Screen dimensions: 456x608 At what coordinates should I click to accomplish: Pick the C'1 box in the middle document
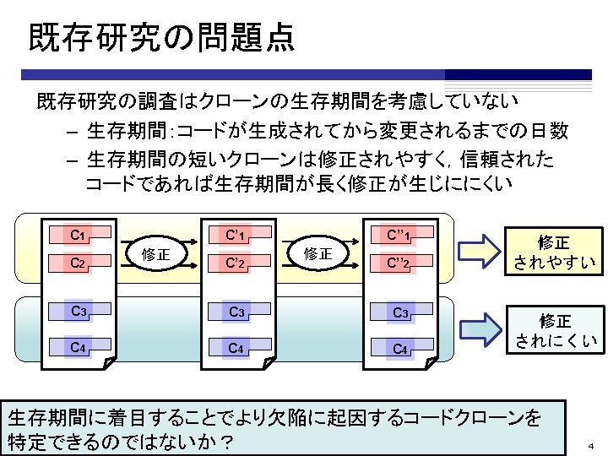[x=236, y=235]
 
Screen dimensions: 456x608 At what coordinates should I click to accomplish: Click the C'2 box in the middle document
[x=236, y=263]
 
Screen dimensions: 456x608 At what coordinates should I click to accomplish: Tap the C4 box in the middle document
[x=237, y=346]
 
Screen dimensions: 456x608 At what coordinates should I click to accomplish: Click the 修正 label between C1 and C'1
[x=156, y=253]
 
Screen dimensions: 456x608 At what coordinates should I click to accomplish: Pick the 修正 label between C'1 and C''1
[x=318, y=253]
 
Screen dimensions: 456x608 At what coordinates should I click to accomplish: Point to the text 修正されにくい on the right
[x=555, y=331]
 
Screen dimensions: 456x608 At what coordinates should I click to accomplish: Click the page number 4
[x=591, y=445]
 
